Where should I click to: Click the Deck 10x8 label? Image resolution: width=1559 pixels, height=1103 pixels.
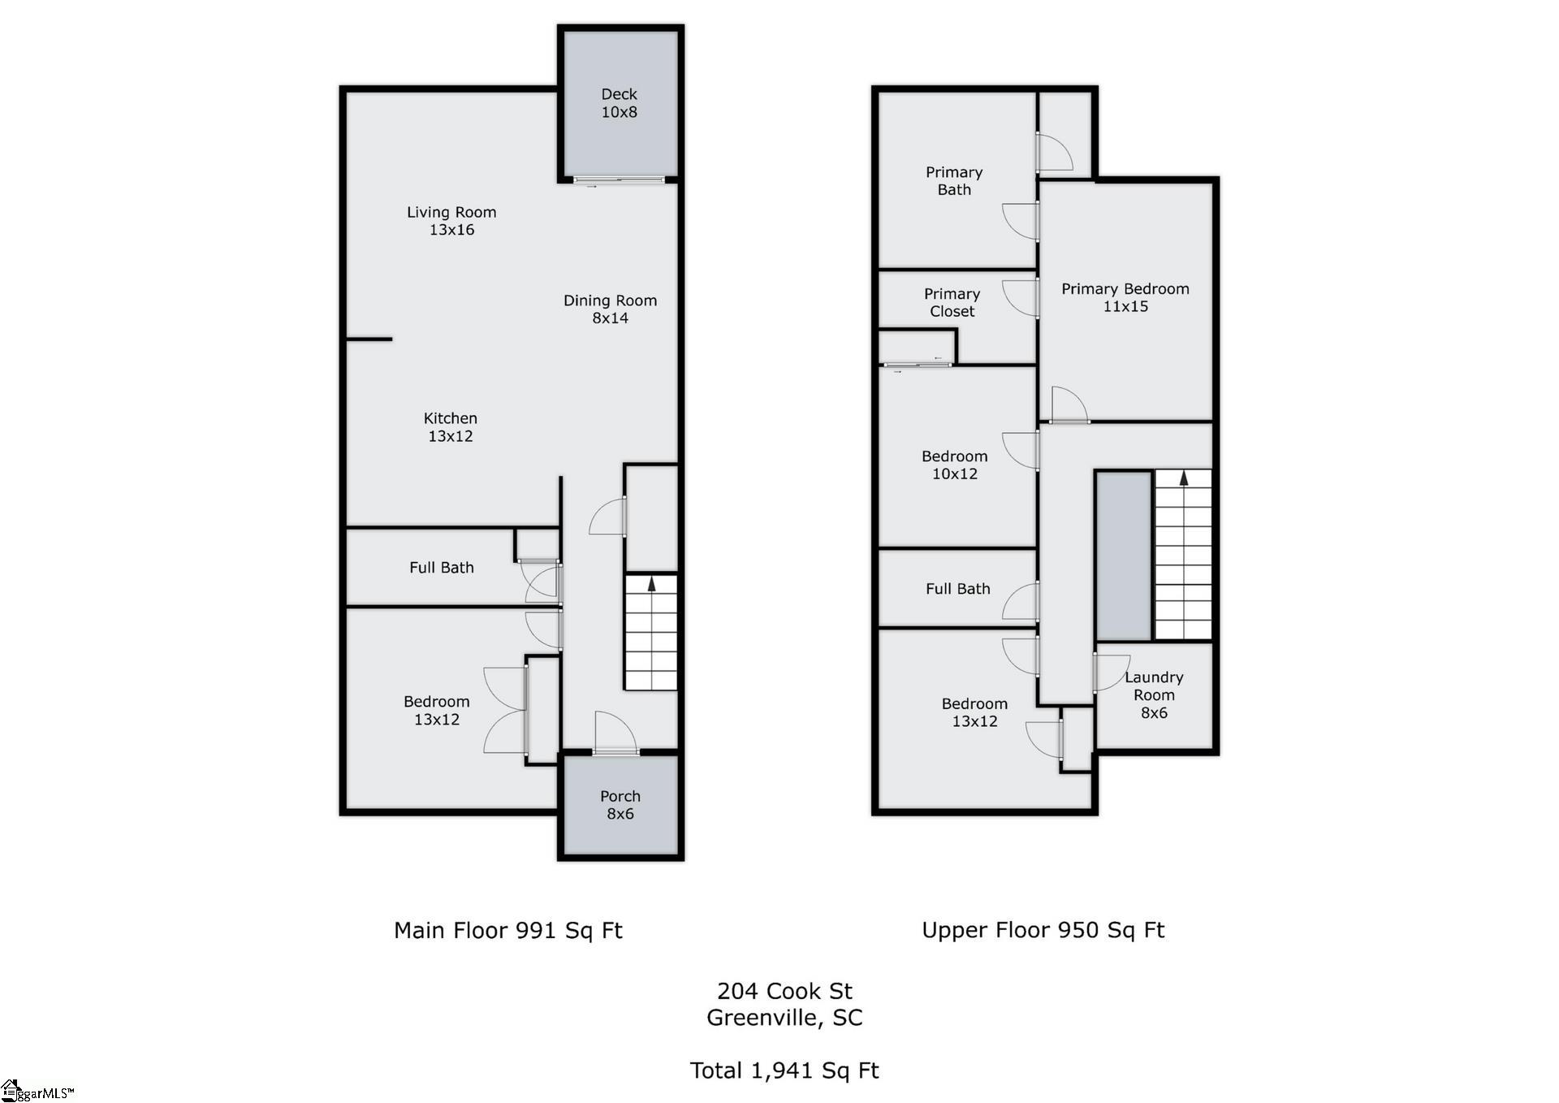619,103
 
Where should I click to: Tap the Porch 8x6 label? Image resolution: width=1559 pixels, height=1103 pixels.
620,805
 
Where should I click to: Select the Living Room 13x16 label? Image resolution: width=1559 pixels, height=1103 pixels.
451,221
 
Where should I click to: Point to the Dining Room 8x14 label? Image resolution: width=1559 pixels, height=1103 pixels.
610,309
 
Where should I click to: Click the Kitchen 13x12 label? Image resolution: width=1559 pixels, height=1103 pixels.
450,427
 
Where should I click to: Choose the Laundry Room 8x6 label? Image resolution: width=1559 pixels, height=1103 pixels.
1154,694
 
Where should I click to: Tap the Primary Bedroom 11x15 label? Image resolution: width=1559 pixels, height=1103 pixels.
1125,297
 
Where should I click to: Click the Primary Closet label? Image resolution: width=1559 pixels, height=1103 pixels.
952,302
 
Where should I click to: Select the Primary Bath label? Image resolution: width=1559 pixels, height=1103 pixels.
954,180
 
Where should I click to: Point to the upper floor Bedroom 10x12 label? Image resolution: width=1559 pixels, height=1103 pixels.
954,465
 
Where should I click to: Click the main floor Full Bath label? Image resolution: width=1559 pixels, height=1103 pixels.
441,568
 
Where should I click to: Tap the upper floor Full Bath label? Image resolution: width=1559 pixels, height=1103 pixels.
957,589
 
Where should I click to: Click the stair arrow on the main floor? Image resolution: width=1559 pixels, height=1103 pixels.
651,583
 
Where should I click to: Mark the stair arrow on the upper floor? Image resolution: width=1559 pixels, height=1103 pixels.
1183,478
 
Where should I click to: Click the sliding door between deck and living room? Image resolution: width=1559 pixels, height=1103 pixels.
619,180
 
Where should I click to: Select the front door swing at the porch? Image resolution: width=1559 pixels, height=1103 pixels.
615,733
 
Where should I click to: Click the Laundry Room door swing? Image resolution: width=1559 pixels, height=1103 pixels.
1109,673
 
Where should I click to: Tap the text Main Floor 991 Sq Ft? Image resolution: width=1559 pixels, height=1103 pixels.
507,930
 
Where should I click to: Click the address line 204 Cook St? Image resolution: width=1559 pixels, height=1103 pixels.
784,991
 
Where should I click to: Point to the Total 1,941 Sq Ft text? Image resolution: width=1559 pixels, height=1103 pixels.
784,1071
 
